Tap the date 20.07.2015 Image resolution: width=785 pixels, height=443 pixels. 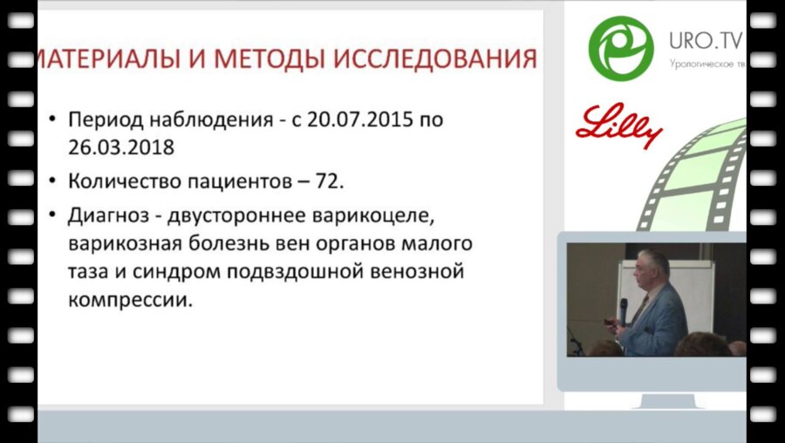pyautogui.click(x=365, y=119)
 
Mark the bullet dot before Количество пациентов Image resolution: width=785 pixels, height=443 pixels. pyautogui.click(x=55, y=185)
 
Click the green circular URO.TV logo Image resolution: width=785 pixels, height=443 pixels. pyautogui.click(x=621, y=47)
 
